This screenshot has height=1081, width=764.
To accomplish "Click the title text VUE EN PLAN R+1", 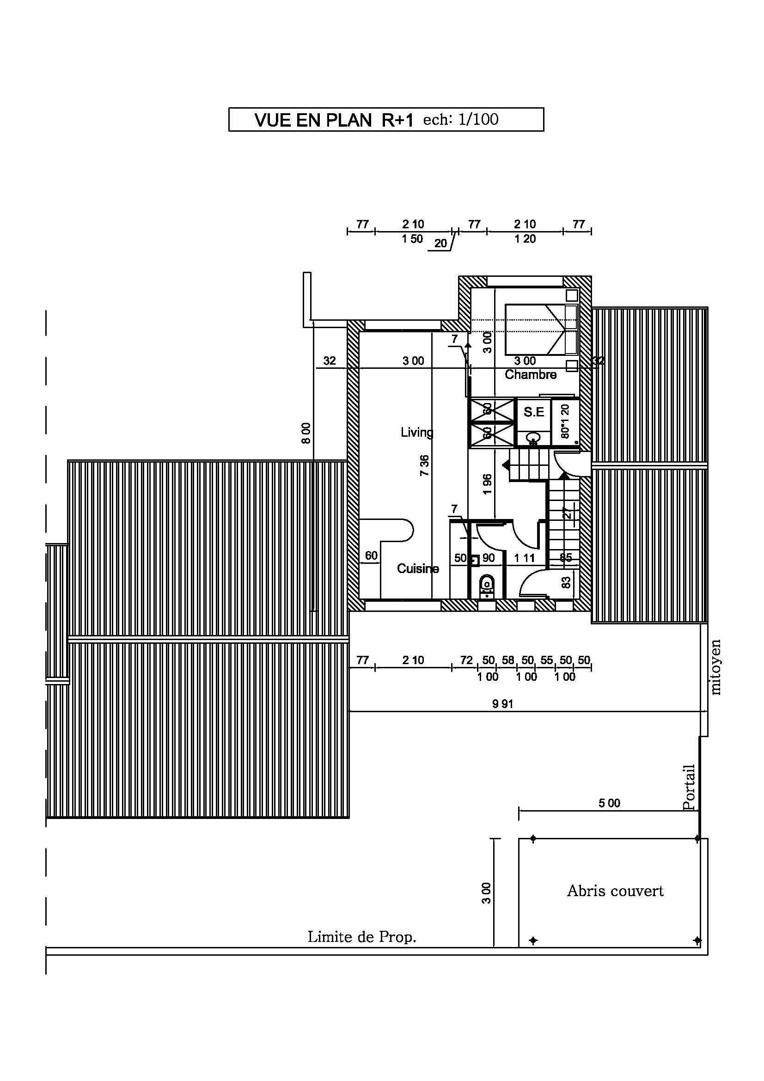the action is pyautogui.click(x=333, y=120).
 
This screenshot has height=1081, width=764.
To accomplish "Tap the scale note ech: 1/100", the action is pyautogui.click(x=461, y=119).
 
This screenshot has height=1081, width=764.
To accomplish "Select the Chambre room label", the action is pyautogui.click(x=531, y=374).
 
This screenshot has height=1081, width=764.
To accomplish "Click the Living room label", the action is pyautogui.click(x=417, y=432).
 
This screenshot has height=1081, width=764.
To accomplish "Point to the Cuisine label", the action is pyautogui.click(x=418, y=569).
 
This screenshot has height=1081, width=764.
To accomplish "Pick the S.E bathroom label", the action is pyautogui.click(x=534, y=412).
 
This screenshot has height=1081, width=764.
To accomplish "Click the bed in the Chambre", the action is pyautogui.click(x=541, y=329).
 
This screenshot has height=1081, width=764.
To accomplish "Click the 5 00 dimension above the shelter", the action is pyautogui.click(x=610, y=803).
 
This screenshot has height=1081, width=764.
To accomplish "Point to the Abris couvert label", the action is pyautogui.click(x=615, y=891).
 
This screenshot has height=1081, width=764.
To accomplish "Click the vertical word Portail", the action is pyautogui.click(x=689, y=787).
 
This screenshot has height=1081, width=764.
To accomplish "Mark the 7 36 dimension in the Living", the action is pyautogui.click(x=425, y=465).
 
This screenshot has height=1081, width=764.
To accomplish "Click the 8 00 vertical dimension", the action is pyautogui.click(x=306, y=433).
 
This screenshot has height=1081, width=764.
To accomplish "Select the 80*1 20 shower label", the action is pyautogui.click(x=565, y=421).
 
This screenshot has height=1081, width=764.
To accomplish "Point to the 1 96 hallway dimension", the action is pyautogui.click(x=488, y=484).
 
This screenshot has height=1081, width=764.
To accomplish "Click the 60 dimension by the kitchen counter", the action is pyautogui.click(x=372, y=556).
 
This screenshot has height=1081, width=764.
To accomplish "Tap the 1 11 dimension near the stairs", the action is pyautogui.click(x=525, y=558).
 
